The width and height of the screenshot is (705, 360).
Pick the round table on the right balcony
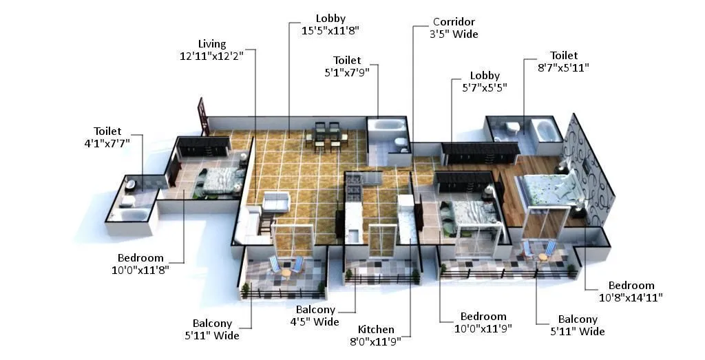(x=543, y=256)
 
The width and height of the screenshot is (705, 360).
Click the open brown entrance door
(x=204, y=116)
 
